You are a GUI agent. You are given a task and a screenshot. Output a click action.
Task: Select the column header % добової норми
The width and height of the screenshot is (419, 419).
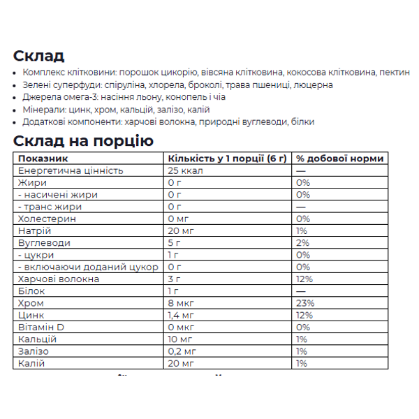(339, 159)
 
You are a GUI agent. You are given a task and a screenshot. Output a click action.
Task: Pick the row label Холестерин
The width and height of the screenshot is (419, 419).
(45, 219)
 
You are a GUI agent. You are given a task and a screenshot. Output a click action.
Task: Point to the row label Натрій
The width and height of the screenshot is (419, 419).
(34, 231)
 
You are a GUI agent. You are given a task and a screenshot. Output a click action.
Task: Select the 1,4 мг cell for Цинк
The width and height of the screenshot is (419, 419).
(183, 316)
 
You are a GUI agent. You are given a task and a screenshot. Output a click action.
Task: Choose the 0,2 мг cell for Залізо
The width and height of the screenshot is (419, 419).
(183, 352)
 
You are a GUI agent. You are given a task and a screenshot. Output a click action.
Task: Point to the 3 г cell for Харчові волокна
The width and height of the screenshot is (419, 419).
(175, 279)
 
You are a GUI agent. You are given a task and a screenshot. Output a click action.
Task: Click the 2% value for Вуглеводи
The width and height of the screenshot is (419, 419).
(302, 243)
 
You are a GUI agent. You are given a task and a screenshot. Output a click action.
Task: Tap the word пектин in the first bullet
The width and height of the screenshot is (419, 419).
(395, 73)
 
